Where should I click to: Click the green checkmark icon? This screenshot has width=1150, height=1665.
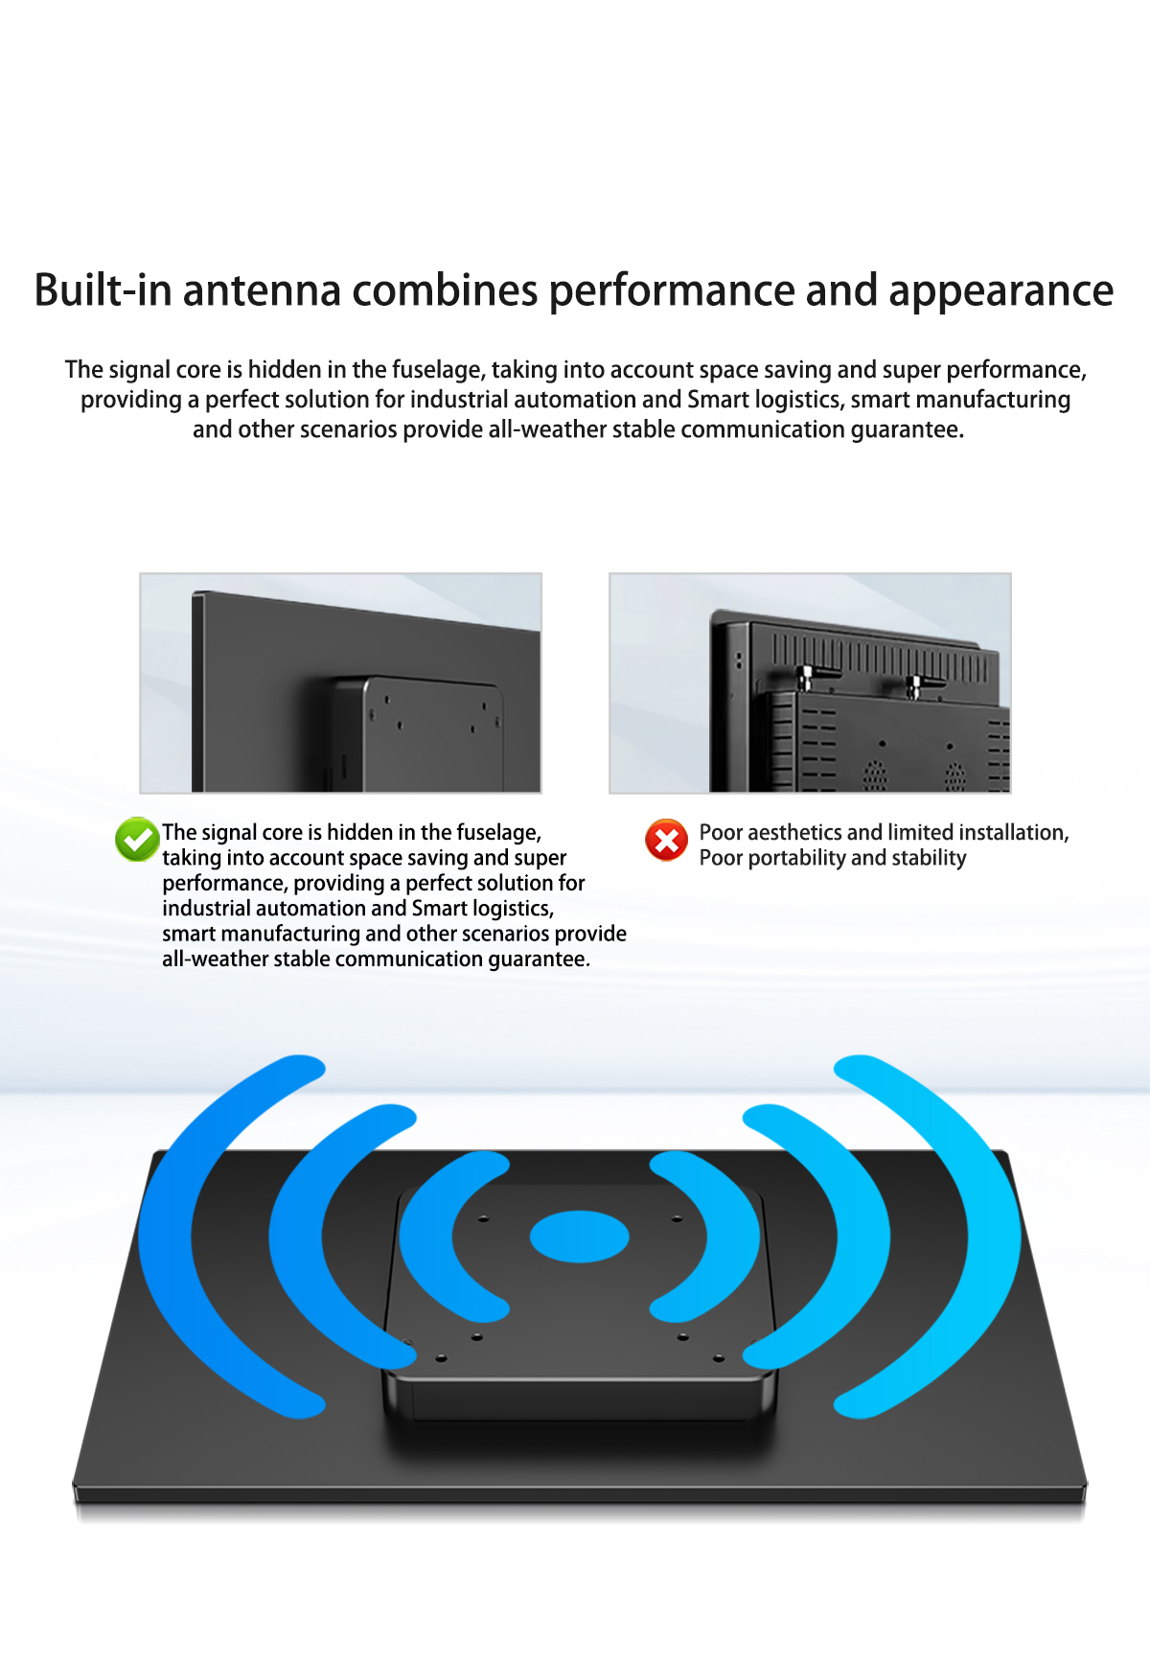coord(137,840)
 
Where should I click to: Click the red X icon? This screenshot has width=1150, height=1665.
coord(666,841)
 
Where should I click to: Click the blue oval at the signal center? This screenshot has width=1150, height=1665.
coord(580,1237)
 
